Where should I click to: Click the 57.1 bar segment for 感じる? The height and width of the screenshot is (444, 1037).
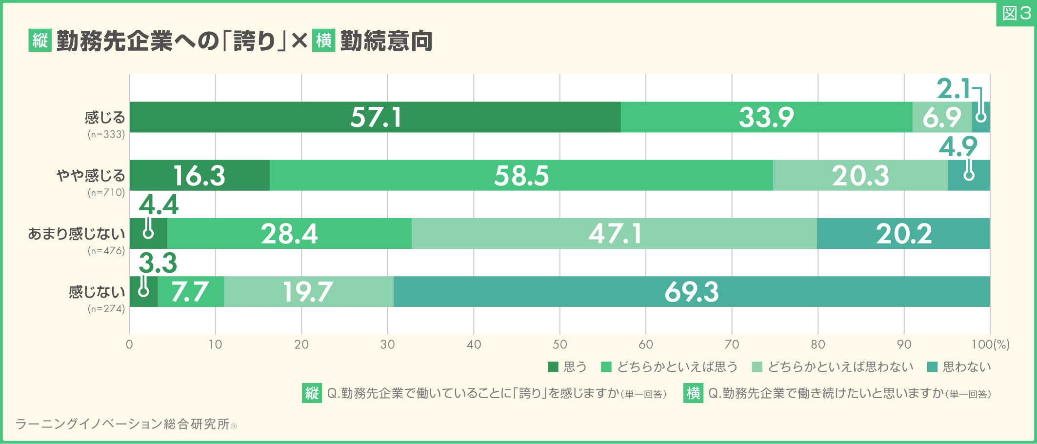click(375, 117)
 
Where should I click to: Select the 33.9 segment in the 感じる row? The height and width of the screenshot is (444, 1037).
click(766, 117)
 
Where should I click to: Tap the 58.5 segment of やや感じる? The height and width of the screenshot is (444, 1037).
click(521, 176)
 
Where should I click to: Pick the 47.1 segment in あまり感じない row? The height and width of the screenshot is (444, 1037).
click(614, 234)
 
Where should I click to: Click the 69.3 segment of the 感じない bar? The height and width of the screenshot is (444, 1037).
click(691, 292)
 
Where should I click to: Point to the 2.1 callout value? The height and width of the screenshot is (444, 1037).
click(953, 89)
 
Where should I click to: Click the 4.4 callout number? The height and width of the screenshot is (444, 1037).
click(159, 205)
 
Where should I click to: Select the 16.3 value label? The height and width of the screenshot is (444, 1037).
click(199, 176)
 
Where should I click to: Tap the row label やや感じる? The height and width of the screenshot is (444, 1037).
click(91, 176)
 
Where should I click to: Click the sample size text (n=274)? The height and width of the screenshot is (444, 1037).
click(106, 309)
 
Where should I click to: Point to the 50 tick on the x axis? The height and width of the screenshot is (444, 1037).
click(559, 344)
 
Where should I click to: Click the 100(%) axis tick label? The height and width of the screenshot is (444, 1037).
click(990, 344)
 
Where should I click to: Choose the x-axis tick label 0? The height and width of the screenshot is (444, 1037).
click(129, 344)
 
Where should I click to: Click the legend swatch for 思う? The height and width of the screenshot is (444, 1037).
click(553, 367)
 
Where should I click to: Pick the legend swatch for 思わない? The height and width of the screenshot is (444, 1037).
click(932, 367)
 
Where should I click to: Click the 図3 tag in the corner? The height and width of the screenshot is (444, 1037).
click(1016, 13)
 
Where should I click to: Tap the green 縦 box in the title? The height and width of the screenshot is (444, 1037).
click(40, 40)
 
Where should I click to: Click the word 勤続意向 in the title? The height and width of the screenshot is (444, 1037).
click(386, 41)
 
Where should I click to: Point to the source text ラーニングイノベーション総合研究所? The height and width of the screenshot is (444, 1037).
click(122, 424)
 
